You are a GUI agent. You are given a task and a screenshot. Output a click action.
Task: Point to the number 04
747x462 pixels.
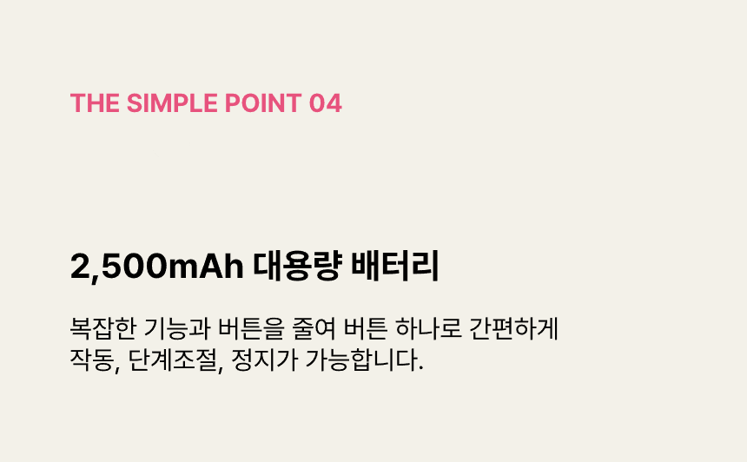[326, 102]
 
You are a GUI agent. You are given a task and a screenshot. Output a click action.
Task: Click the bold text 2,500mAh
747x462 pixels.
[156, 267]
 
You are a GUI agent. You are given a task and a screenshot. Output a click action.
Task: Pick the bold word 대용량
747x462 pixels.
[297, 265]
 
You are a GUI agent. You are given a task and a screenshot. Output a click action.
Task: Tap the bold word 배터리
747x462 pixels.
[394, 265]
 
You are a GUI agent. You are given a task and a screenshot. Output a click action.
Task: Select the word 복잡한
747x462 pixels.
[103, 328]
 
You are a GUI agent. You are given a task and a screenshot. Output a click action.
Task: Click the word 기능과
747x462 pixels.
[177, 328]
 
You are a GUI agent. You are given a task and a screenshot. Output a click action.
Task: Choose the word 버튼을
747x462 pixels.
[251, 328]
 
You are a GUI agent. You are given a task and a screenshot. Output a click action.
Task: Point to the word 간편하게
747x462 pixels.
[513, 328]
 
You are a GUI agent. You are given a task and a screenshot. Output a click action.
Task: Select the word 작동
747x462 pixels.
[92, 360]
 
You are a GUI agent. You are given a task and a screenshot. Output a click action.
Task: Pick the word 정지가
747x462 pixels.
[264, 360]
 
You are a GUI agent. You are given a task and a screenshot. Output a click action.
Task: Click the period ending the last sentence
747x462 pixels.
[420, 368]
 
